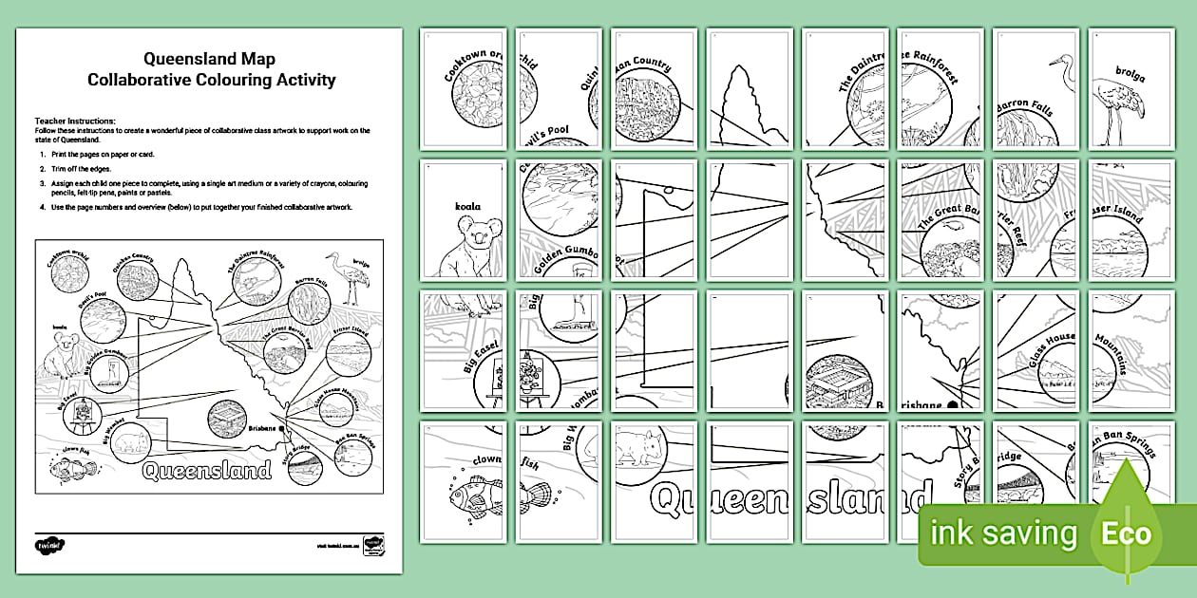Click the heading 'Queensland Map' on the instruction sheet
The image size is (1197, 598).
tap(211, 60)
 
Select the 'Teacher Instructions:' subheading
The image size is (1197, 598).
tap(75, 121)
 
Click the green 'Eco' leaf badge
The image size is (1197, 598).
tap(1127, 532)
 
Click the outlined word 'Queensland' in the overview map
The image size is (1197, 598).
tap(207, 470)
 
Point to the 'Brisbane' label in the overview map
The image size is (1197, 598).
tap(262, 429)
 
